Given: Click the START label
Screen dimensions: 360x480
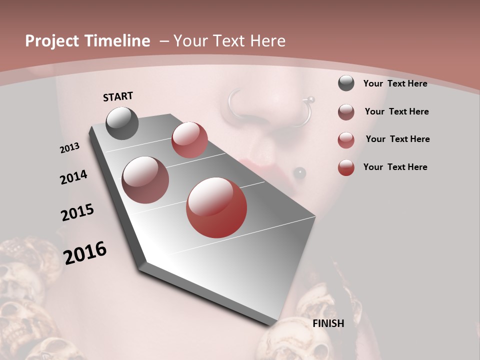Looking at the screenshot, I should pos(118,96).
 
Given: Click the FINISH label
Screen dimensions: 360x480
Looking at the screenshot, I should pos(328,323).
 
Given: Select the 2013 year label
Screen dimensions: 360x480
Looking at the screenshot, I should pos(69,148).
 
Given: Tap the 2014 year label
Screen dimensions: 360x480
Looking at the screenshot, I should pos(74,177).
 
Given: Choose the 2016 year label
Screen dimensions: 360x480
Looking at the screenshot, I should pos(85,253).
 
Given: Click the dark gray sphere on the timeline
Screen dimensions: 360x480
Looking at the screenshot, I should pos(122,123).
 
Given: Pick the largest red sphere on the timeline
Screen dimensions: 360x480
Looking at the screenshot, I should pos(216,207).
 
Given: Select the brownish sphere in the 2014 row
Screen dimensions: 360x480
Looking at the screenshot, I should pos(145,180).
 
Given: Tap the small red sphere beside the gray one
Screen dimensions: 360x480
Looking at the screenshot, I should pos(189,140).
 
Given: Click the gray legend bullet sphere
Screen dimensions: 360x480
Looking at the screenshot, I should pos(346,83).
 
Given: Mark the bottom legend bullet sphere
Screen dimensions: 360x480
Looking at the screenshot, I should pos(346,167).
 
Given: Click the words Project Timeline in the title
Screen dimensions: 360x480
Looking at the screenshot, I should pos(87,41).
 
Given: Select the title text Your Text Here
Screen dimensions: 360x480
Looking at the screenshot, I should pos(229,41).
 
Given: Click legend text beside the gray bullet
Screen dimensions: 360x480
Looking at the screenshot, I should pos(395,83).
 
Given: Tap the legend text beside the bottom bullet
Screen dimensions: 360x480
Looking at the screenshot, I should pos(395,167).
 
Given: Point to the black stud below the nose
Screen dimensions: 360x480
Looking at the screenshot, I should pos(299,173).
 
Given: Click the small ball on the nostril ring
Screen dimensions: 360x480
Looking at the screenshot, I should pos(310,99).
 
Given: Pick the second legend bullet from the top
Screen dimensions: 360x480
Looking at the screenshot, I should pos(346,112).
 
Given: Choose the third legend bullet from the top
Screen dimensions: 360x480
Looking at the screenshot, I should pos(346,140).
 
